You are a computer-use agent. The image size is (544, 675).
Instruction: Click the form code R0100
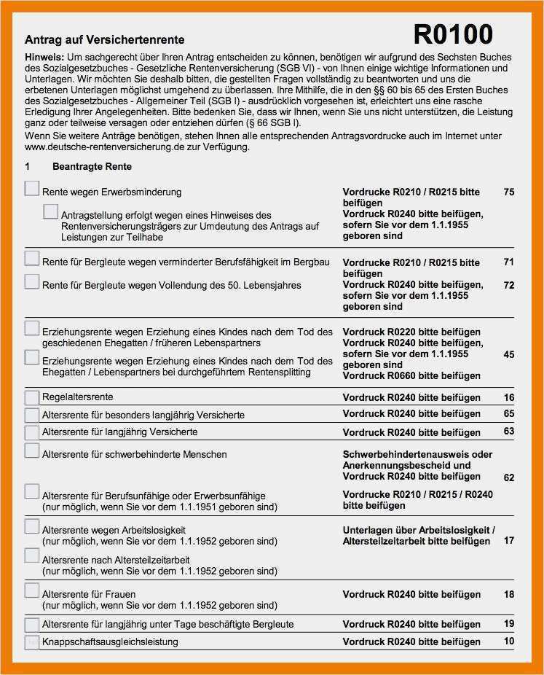pos(452,34)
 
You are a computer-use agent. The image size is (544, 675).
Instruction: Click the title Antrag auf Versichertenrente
pos(104,40)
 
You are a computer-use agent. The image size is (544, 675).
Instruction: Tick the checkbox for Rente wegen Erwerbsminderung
pos(31,189)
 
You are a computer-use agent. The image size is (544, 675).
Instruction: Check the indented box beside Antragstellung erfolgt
pos(50,212)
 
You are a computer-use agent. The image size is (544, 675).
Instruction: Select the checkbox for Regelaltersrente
pos(31,397)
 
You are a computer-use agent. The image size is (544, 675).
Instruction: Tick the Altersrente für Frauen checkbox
pos(31,590)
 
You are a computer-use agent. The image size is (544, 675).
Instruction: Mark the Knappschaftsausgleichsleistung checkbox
pos(31,642)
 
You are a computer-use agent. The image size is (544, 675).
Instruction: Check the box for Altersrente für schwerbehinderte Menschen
pos(31,450)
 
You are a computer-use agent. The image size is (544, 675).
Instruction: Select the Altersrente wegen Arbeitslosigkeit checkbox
pos(31,526)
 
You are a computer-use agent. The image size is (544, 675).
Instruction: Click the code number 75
pos(508,192)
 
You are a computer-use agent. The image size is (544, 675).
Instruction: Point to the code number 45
pos(508,354)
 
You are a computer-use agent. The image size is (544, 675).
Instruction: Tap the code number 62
pos(508,477)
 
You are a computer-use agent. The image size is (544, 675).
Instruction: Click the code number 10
pos(508,641)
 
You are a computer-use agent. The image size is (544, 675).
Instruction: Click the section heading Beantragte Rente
pos(92,167)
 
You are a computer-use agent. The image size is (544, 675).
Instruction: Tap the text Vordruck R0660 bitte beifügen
pos(411,375)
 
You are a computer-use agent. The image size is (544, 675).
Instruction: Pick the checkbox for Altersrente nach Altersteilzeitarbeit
pos(31,555)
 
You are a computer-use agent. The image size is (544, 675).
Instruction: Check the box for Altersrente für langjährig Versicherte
pos(31,432)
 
